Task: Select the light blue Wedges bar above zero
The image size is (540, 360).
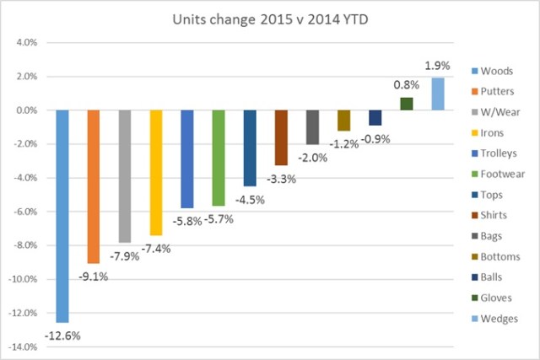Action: (x=437, y=94)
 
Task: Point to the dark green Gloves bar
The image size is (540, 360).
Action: (x=406, y=104)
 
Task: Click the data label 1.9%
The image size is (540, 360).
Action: (x=436, y=66)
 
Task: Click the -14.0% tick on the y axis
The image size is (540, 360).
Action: (x=25, y=347)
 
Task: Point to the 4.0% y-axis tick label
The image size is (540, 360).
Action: (x=27, y=42)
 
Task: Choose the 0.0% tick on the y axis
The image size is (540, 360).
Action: (x=27, y=110)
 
